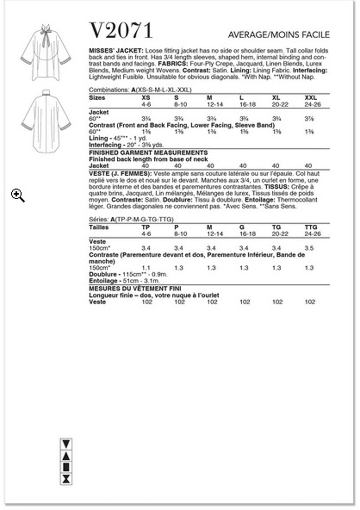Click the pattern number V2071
[121, 31]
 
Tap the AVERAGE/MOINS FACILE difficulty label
[278, 35]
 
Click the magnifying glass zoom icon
[18, 195]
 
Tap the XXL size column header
[310, 98]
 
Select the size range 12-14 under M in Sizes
[214, 105]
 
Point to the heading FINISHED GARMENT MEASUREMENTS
[148, 153]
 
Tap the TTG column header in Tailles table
[311, 227]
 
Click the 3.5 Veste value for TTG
[309, 248]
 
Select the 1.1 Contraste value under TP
[146, 268]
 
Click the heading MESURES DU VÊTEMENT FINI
[135, 289]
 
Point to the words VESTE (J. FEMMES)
[120, 174]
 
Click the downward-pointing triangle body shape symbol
[66, 444]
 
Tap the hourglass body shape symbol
[66, 479]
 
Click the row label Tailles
[99, 227]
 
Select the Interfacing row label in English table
[105, 145]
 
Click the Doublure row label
[103, 274]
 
